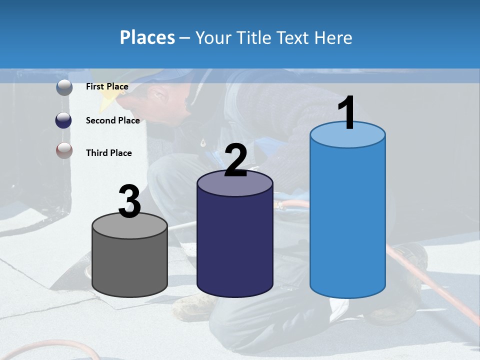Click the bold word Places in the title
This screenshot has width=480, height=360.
147,37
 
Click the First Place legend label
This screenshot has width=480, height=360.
107,86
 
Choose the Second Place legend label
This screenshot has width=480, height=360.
112,120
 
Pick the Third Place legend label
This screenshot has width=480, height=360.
108,153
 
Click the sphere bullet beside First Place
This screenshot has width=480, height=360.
64,87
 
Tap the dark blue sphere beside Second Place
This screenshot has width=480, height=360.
64,120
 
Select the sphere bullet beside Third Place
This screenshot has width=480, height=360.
64,150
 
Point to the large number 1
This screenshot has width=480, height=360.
346,113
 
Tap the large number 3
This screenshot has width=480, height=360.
130,201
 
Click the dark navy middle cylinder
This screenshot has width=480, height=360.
234,245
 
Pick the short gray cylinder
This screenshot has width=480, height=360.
130,265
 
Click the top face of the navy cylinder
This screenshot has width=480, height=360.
234,184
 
